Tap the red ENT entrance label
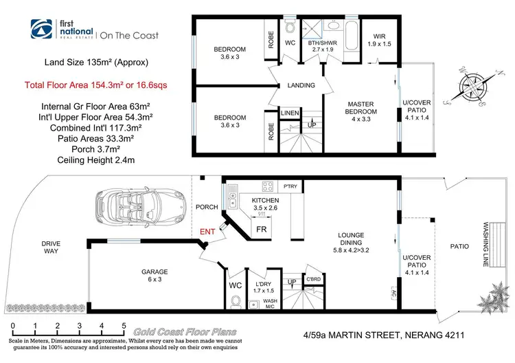(207, 233)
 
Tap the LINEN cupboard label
(289, 113)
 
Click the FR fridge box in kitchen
(262, 229)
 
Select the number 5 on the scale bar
(124, 326)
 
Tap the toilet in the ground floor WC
(235, 300)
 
